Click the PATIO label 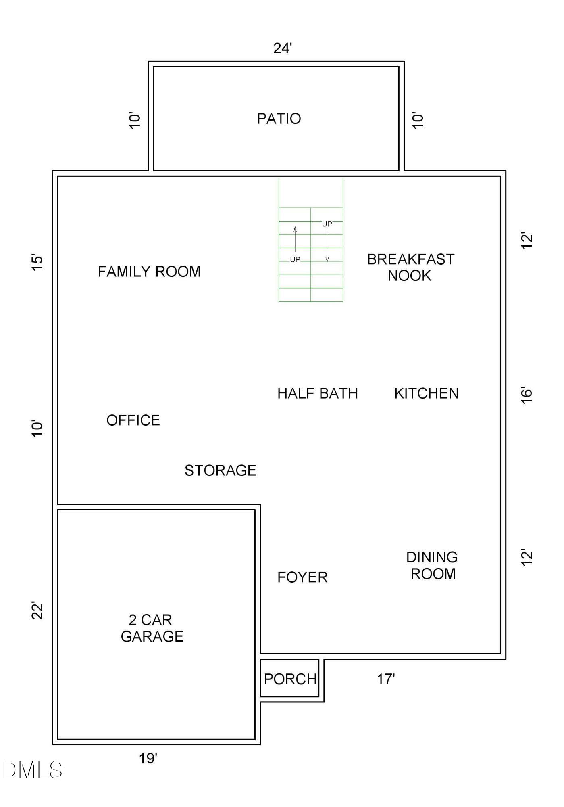(279, 119)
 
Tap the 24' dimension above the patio (282, 48)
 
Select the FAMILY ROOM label (149, 272)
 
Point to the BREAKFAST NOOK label (410, 268)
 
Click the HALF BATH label (318, 393)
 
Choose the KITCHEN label (427, 393)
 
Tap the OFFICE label (133, 420)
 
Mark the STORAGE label (220, 470)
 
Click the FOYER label (302, 577)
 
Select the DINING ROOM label (432, 565)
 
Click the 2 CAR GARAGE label (152, 628)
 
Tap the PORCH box (290, 679)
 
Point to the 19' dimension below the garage (148, 759)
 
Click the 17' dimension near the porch (386, 679)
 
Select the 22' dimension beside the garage (37, 610)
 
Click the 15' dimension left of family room (37, 263)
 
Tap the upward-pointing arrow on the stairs (295, 239)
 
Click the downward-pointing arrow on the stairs (327, 247)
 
